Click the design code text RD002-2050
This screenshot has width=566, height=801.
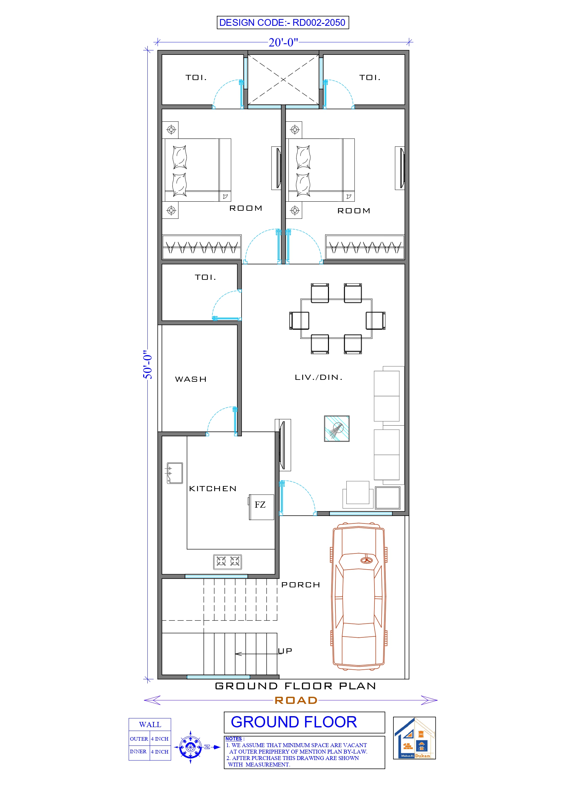318,23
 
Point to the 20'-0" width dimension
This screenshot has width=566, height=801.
283,42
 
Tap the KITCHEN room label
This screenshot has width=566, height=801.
213,489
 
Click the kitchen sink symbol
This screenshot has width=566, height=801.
175,473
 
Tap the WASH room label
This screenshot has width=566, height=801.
191,379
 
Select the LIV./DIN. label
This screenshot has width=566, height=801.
318,377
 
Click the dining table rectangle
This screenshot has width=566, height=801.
336,318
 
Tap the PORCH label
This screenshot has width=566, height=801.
301,585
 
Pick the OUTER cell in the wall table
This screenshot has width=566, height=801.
139,739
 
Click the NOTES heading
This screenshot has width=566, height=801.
233,738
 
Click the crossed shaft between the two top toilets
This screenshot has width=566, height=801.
283,79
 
